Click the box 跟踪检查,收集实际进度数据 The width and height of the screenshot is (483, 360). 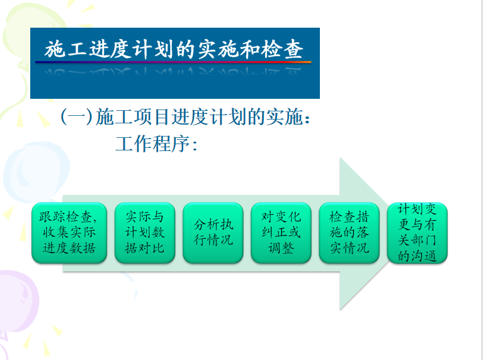(69, 232)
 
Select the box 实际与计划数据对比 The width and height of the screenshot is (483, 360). (145, 232)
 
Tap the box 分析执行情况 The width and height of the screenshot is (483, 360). (213, 232)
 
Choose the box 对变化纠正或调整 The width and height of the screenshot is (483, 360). (281, 232)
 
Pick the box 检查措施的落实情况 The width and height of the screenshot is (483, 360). (349, 232)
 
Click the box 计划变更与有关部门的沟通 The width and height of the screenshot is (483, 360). (418, 232)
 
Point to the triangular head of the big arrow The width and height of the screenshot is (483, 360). (363, 233)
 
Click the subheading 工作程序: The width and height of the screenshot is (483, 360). (156, 144)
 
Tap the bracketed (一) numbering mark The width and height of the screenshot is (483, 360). (77, 116)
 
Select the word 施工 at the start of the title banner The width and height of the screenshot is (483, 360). (65, 49)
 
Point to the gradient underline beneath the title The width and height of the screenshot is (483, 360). (173, 62)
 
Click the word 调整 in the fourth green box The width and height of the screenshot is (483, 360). (281, 248)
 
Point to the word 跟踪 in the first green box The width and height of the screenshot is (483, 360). (52, 217)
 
